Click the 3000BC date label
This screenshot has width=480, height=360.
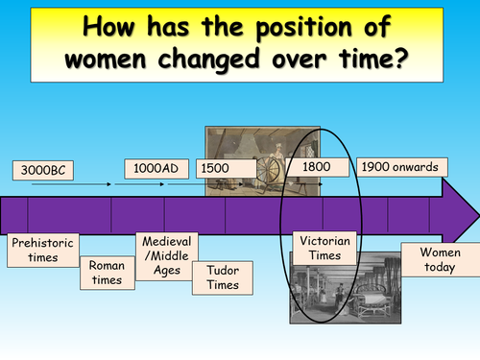43,171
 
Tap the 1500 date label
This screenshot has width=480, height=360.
216,168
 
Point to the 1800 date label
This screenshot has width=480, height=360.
317,167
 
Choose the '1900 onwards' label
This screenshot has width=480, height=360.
401,167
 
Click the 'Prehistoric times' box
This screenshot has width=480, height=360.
41,250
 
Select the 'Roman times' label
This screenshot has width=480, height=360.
107,273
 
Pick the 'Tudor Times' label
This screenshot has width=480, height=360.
222,277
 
